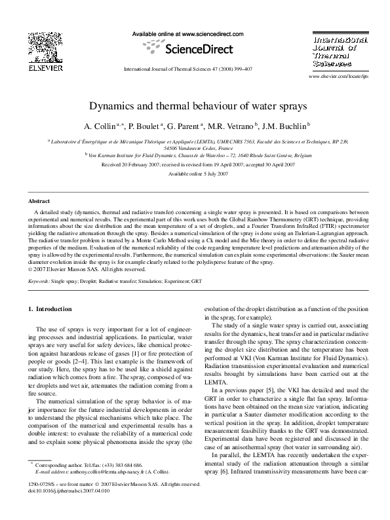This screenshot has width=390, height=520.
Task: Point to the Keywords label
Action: tap(42, 280)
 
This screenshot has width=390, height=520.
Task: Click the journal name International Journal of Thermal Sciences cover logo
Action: tap(335, 46)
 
